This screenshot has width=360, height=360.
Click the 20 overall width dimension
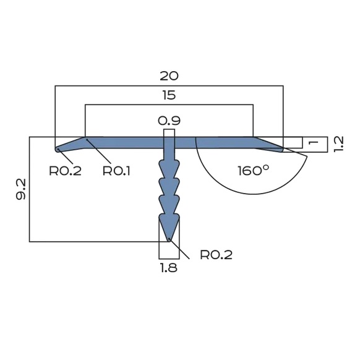click(x=169, y=76)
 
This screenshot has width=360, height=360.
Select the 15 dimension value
click(x=169, y=95)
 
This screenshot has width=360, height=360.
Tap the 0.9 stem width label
click(x=169, y=120)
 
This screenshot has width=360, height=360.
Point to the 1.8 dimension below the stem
click(x=169, y=269)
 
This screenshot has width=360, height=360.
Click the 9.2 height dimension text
click(x=20, y=189)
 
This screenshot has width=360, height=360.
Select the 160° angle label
click(x=253, y=170)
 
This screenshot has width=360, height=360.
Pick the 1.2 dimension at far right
click(x=338, y=143)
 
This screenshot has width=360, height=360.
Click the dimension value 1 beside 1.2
click(x=313, y=143)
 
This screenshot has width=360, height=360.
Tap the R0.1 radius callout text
click(x=116, y=170)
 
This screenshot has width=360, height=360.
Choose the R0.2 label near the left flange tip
click(x=66, y=170)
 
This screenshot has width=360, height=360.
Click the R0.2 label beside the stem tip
click(x=216, y=254)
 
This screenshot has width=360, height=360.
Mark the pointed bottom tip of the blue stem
click(x=169, y=239)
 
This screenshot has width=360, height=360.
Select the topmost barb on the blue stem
click(x=169, y=167)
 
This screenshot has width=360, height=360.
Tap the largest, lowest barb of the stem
click(x=169, y=223)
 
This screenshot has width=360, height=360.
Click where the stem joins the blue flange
click(x=169, y=149)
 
